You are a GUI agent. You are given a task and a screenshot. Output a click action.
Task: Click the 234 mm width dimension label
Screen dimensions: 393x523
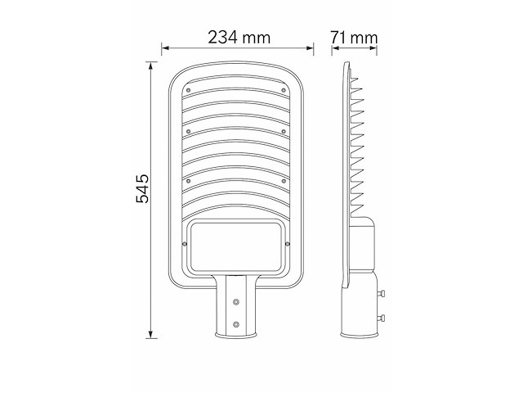click(238, 37)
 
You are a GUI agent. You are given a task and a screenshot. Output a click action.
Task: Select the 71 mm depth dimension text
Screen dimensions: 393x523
click(354, 37)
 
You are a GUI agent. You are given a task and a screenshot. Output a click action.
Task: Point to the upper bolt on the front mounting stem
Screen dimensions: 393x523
click(237, 300)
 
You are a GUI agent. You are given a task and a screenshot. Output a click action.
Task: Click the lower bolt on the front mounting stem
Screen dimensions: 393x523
click(237, 324)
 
